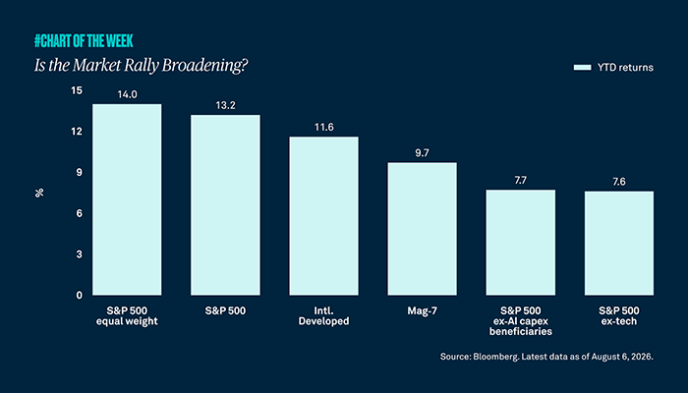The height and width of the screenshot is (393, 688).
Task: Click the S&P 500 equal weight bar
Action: [127, 199]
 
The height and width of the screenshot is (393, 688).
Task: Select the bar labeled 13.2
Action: [225, 204]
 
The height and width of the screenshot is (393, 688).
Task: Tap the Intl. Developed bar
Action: [323, 216]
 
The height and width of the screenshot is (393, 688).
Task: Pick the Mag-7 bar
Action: [422, 229]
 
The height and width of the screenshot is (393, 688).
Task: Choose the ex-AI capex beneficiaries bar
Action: [520, 242]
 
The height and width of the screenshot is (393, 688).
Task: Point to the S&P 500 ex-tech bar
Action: [618, 243]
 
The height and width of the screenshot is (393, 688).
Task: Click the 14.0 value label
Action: [127, 94]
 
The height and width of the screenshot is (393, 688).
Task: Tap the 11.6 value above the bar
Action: [323, 127]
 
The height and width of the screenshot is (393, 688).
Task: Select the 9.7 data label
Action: [422, 153]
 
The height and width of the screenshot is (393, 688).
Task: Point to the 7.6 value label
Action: [619, 182]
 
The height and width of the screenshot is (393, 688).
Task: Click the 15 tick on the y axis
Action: [77, 90]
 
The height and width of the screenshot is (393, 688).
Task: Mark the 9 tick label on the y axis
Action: [79, 172]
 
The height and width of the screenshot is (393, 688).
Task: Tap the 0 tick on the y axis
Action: [79, 295]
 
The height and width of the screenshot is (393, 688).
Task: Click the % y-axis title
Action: [39, 193]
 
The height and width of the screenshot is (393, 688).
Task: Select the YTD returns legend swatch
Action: [582, 68]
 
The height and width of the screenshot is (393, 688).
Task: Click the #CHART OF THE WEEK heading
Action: [84, 41]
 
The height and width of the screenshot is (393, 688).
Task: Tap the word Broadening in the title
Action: [204, 66]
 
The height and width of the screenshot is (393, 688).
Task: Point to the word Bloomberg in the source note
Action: [496, 357]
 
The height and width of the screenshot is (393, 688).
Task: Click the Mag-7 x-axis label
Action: [422, 310]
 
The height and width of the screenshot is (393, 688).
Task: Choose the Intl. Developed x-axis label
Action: [323, 315]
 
